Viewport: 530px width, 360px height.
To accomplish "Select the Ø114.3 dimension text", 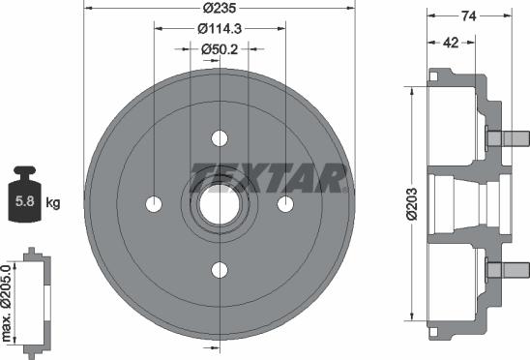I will pos(220,30).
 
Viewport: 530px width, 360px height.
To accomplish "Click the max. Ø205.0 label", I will pos(10,301).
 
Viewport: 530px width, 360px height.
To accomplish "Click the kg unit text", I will pos(53,202).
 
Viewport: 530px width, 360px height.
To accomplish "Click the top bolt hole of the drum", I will pos(220,136).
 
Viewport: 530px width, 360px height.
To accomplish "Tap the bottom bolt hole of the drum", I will pos(220,269).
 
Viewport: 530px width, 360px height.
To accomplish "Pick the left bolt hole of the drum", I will pos(154,203).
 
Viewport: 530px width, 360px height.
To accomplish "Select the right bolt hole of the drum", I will pos(285,203).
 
